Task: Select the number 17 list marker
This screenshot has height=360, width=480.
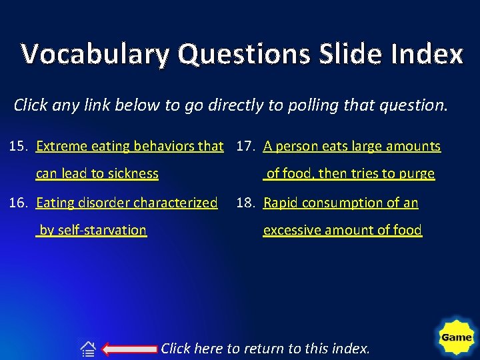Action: (245, 146)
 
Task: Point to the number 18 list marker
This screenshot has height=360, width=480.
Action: (245, 203)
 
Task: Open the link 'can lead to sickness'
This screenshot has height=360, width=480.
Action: (97, 174)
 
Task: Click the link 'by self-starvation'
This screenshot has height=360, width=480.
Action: (91, 230)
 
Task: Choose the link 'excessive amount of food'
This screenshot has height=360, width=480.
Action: (343, 230)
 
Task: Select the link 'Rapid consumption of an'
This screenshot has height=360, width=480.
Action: (341, 203)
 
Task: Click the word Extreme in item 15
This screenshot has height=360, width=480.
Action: (61, 146)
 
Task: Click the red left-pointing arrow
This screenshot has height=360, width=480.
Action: (131, 348)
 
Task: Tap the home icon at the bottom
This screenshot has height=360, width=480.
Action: (88, 348)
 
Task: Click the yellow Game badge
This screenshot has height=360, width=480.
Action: (457, 337)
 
